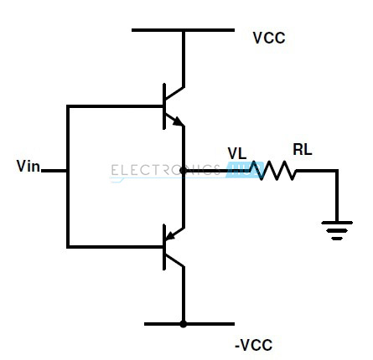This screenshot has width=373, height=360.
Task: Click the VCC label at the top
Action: point(268,39)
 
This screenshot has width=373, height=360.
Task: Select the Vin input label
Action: point(28,167)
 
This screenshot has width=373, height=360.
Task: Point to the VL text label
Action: point(237,153)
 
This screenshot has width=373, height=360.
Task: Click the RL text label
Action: point(302,151)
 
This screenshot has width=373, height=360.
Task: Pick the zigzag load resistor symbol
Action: point(272,171)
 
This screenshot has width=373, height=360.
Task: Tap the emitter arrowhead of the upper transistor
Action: point(177,121)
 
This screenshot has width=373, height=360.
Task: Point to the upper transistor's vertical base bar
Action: point(164,106)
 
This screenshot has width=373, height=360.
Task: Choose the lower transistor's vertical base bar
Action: point(164,248)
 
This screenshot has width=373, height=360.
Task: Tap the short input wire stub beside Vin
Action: point(54,171)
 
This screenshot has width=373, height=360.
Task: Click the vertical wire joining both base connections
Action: point(67,177)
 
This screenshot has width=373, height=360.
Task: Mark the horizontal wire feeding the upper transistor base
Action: point(116,106)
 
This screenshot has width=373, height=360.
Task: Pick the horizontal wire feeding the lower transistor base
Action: point(116,247)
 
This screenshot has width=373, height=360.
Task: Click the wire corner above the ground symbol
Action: point(337,171)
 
